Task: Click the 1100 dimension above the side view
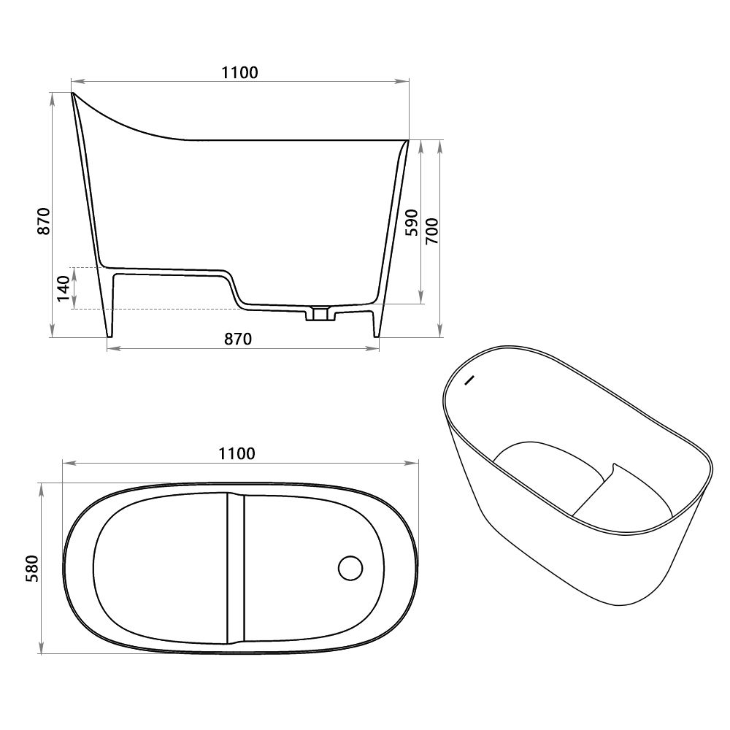(239, 72)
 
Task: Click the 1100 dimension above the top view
(235, 453)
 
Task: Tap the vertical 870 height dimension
(45, 220)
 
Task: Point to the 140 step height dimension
(64, 288)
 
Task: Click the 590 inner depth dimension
(411, 222)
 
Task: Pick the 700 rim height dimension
(431, 231)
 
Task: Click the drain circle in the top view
(351, 567)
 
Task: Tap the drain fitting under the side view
(319, 314)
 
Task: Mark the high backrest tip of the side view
(73, 94)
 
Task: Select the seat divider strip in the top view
(234, 567)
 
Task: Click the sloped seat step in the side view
(235, 288)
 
